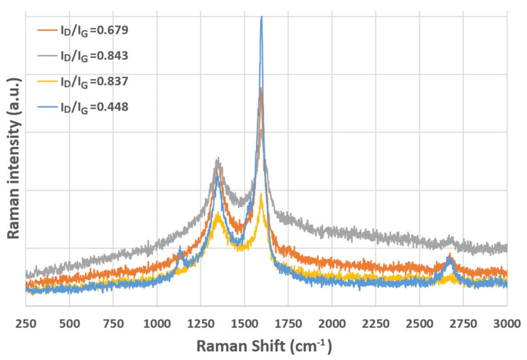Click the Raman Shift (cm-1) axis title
[263, 345]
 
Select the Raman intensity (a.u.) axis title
[14, 158]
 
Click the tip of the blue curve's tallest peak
[261, 17]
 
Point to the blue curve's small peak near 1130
[180, 250]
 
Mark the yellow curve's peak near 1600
[261, 195]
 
